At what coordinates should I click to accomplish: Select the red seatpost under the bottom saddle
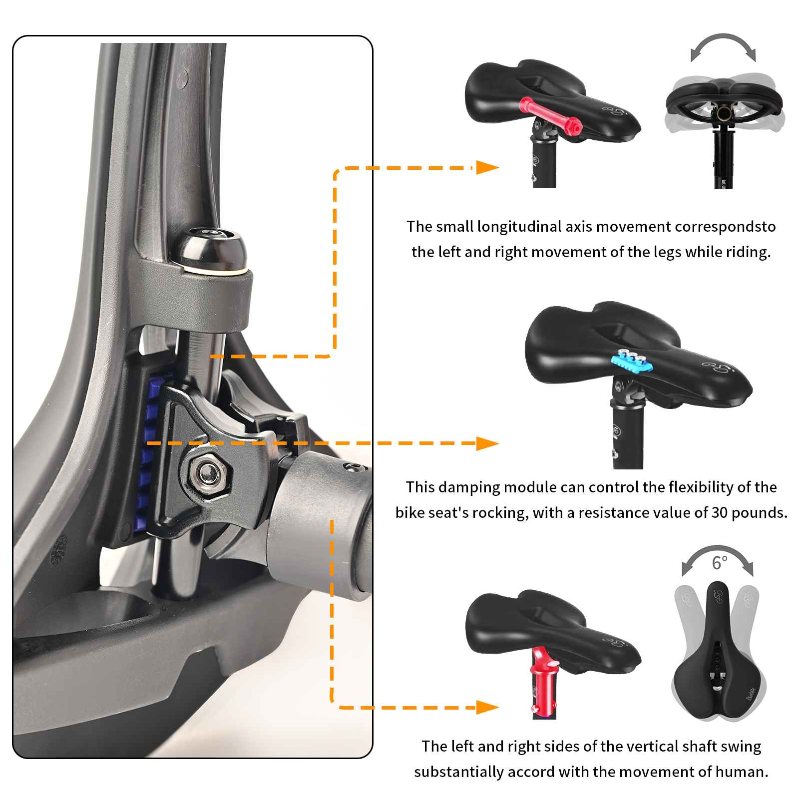(x=543, y=684)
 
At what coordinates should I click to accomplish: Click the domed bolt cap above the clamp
(x=210, y=249)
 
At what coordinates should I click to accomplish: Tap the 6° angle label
(x=719, y=563)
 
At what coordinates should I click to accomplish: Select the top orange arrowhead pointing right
(x=487, y=167)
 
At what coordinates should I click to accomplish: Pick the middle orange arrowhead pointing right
(x=487, y=443)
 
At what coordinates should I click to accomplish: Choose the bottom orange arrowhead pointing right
(x=487, y=707)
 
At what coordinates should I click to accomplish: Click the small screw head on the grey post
(x=354, y=467)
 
